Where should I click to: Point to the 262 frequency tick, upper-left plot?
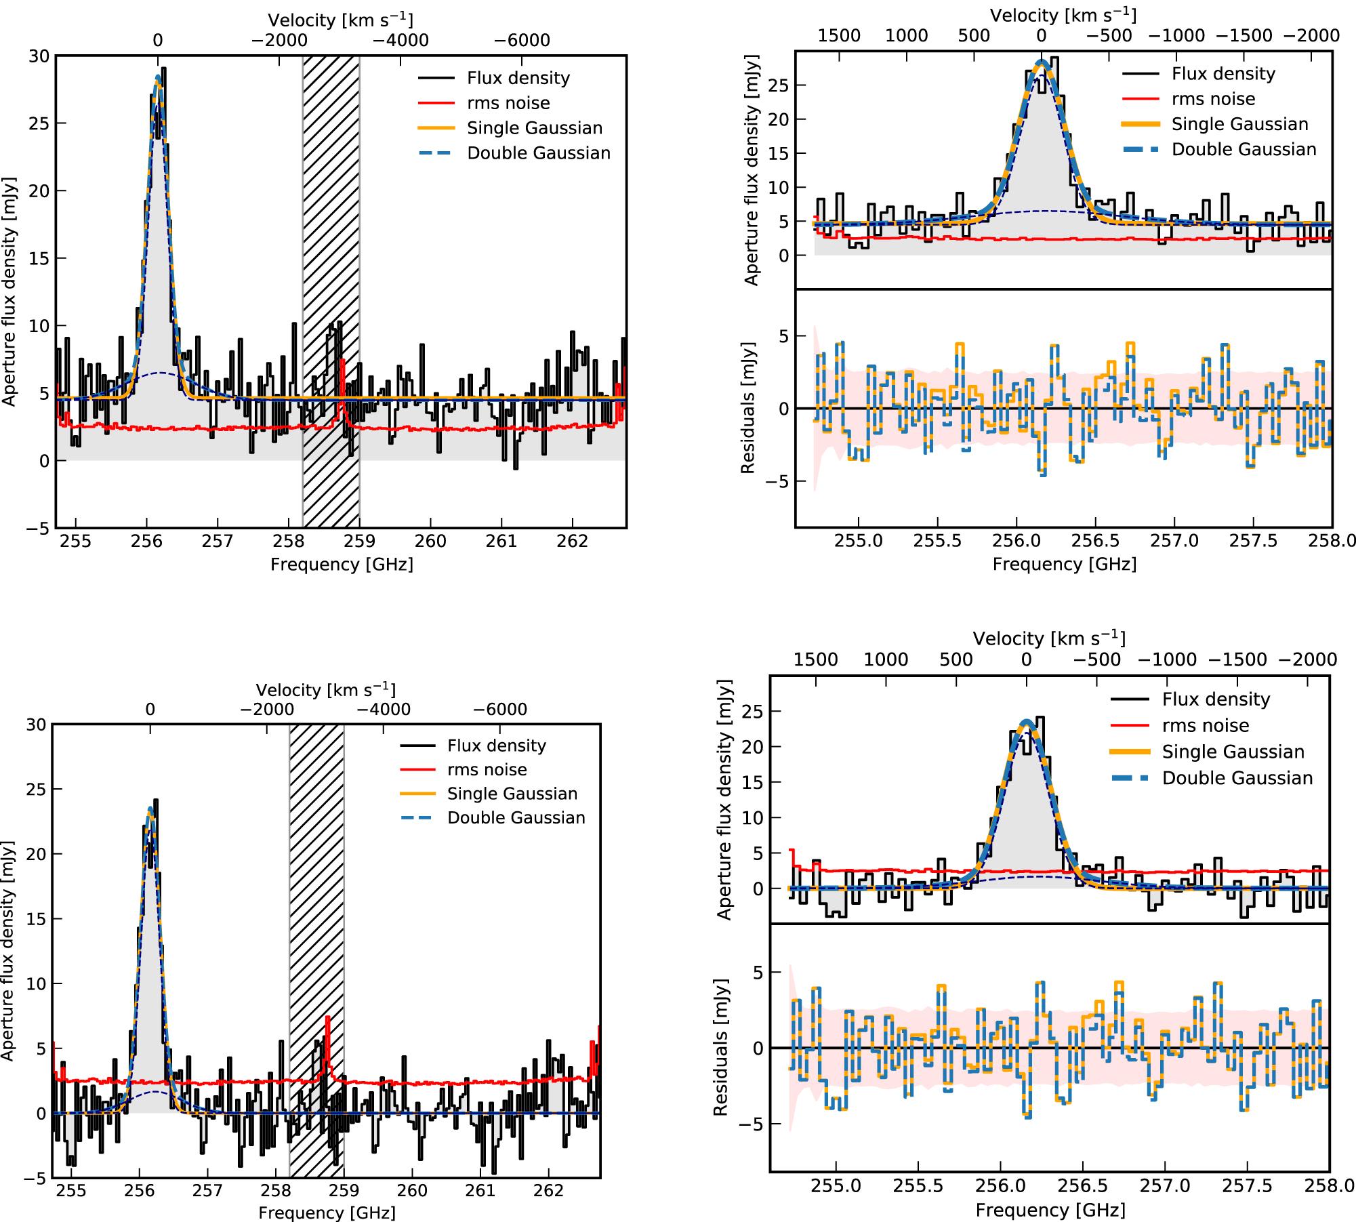point(573,541)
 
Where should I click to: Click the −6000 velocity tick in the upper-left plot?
point(522,40)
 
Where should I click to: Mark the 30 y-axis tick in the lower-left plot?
point(36,725)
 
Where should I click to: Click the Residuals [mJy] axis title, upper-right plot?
point(747,408)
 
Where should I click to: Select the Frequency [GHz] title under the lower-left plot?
point(327,1212)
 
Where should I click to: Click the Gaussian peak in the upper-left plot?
point(158,77)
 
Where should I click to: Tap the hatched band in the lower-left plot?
point(316,949)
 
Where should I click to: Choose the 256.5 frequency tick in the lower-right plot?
point(1082,1185)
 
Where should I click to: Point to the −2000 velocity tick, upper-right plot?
point(1311,35)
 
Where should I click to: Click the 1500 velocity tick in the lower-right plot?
point(816,659)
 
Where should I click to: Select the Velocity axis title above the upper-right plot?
point(1063,15)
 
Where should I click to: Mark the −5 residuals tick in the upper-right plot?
point(777,481)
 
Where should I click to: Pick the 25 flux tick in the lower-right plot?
point(752,711)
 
